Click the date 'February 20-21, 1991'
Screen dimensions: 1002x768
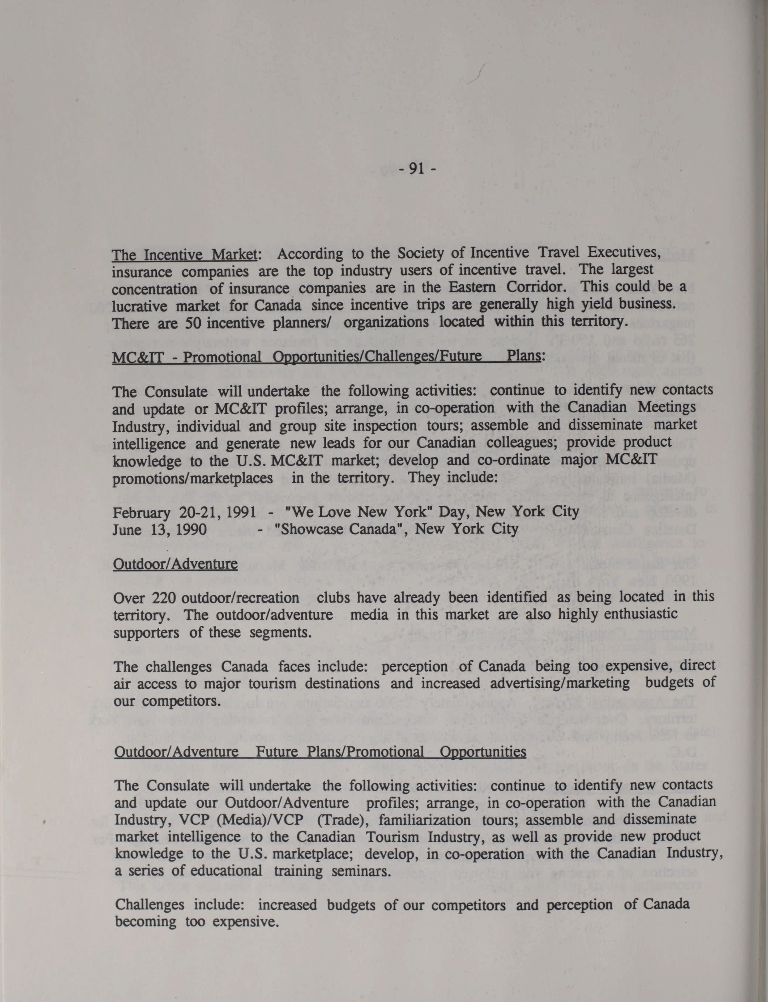pos(184,512)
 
